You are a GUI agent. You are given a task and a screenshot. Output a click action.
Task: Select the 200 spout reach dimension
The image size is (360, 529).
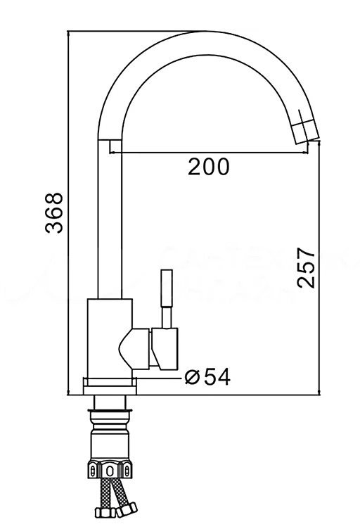(x=208, y=167)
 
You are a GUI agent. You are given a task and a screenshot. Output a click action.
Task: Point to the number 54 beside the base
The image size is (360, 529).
(x=217, y=378)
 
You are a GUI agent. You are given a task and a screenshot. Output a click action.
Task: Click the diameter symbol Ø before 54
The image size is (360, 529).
(x=193, y=378)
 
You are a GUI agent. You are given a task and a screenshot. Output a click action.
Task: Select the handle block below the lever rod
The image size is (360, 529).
(x=164, y=348)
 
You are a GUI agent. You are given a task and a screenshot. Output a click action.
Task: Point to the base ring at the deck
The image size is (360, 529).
(x=109, y=385)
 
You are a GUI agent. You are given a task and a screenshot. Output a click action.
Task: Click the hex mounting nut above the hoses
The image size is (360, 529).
(x=109, y=470)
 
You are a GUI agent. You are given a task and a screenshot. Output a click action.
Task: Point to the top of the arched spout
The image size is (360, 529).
(x=204, y=42)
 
